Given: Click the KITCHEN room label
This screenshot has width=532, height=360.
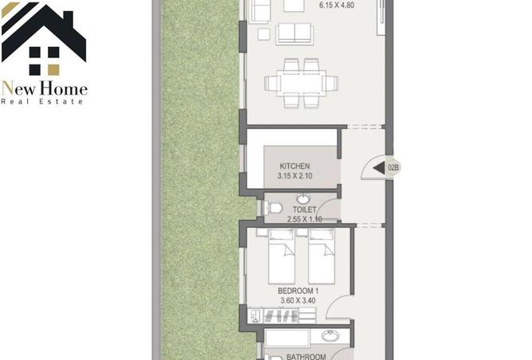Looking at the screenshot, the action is (295, 166).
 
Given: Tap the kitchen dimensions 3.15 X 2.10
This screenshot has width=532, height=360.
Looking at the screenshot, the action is (295, 176).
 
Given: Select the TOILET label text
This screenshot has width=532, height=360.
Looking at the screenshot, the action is (304, 209).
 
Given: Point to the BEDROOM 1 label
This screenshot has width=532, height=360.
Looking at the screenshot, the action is (298, 291).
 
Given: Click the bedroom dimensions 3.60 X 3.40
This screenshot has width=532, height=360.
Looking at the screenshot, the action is (298, 300).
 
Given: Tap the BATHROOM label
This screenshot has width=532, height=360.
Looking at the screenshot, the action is (306, 357).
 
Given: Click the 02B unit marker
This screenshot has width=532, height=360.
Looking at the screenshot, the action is (393, 167).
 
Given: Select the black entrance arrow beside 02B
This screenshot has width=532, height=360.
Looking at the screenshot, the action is (379, 167).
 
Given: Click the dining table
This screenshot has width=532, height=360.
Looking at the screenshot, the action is (301, 83).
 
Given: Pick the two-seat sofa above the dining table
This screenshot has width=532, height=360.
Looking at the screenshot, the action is (294, 34).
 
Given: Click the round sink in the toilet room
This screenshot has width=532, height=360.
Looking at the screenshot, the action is (303, 199).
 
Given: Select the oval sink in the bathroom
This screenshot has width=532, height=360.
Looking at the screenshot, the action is (331, 336).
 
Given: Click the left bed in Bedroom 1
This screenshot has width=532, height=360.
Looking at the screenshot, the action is (281, 256).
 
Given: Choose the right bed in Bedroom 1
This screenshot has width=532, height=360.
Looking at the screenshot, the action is (322, 256).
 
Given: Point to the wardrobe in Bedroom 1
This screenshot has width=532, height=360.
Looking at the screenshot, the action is (282, 316).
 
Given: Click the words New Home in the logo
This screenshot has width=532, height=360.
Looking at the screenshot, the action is (44, 89).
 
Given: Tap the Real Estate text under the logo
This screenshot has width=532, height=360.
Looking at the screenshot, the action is (42, 101).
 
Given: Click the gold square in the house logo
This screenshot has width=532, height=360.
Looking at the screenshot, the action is (53, 70).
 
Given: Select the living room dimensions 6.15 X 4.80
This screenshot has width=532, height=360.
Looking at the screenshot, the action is (337, 6).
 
